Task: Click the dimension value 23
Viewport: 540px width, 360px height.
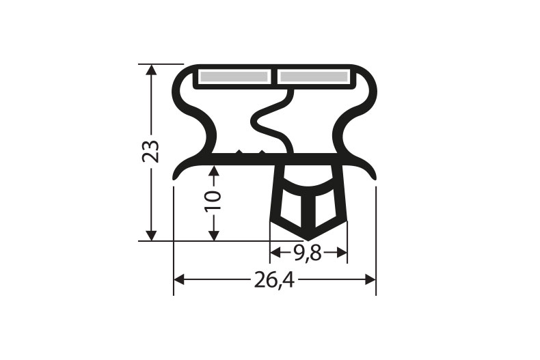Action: (152, 151)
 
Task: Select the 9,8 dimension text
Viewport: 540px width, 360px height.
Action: (308, 253)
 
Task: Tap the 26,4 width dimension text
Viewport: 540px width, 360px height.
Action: (275, 279)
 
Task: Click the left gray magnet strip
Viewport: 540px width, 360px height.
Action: (233, 77)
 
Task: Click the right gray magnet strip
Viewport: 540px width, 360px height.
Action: (314, 77)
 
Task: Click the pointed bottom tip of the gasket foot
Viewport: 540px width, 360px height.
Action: (309, 237)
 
